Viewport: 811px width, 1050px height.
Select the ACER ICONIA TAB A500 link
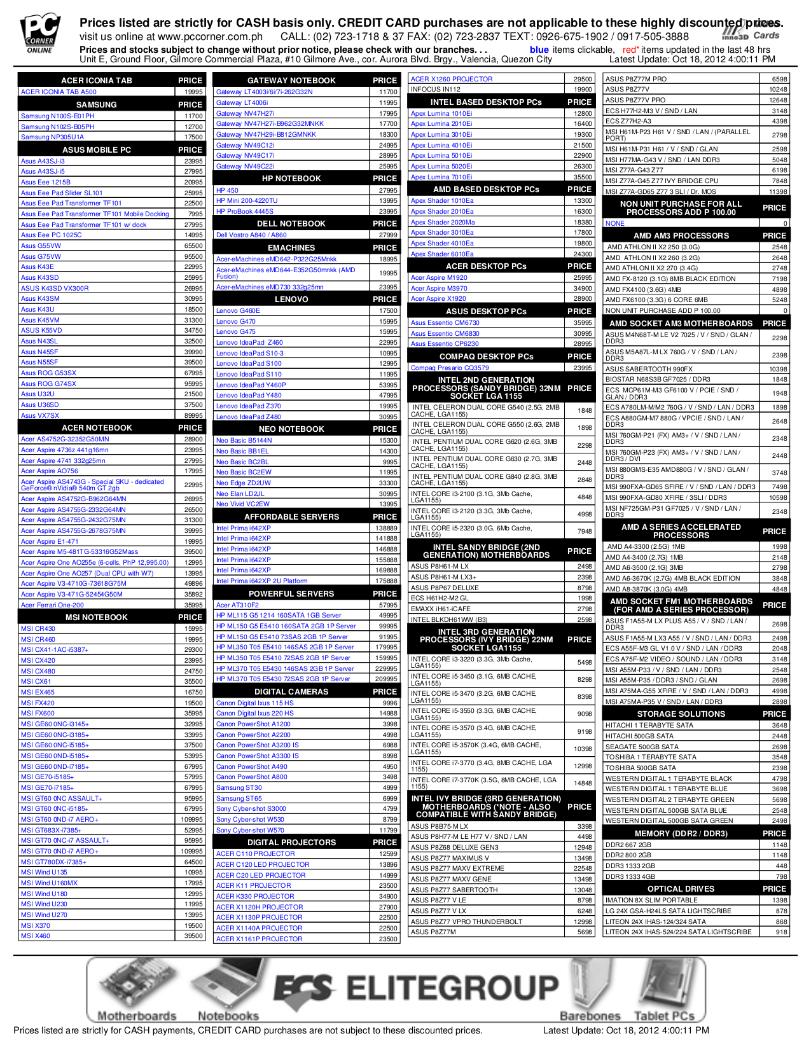coord(59,92)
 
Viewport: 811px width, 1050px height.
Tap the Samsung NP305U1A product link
coord(52,137)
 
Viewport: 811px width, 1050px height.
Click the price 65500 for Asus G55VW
coord(193,245)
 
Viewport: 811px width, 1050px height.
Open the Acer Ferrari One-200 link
coord(52,605)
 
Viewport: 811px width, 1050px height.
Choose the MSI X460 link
coord(35,936)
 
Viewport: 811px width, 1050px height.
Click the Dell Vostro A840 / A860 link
coord(251,235)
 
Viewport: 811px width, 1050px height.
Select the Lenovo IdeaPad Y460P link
coord(251,385)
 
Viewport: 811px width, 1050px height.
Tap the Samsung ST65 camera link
coord(239,798)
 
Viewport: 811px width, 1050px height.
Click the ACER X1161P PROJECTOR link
coord(259,939)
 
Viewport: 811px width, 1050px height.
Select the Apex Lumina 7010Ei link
coord(441,177)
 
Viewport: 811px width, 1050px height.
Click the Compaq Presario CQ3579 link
coord(450,368)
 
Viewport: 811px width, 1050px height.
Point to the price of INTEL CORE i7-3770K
coord(584,783)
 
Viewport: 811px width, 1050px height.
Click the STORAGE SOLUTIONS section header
coord(681,714)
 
